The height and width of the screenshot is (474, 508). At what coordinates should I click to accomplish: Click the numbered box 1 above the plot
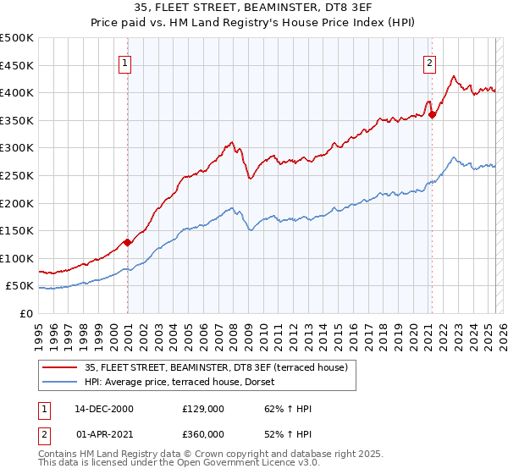tap(124, 62)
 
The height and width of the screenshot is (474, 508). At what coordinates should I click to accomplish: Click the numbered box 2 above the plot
tap(429, 62)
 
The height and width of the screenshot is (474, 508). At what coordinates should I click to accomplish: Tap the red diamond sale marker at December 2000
tap(127, 242)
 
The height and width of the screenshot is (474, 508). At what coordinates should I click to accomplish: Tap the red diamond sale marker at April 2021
tap(432, 114)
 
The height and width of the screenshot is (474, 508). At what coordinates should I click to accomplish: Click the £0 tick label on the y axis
tap(26, 313)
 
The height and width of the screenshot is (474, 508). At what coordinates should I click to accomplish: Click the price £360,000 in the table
tap(202, 434)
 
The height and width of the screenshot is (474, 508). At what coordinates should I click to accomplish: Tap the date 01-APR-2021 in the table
tap(104, 434)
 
